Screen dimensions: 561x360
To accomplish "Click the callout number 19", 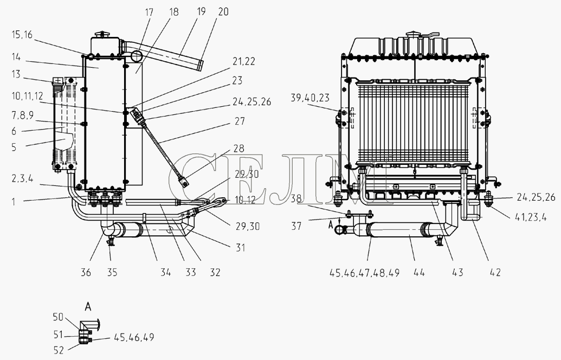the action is pyautogui.click(x=202, y=11).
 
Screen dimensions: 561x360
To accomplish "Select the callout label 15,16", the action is pyautogui.click(x=22, y=35).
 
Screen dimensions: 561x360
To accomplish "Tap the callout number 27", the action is pyautogui.click(x=240, y=121).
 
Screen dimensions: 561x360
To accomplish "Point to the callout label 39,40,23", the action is pyautogui.click(x=310, y=98).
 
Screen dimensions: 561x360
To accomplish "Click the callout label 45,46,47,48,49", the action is pyautogui.click(x=364, y=273).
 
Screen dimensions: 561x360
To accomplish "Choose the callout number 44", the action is pyautogui.click(x=419, y=273).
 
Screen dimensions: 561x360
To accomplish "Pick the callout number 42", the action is pyautogui.click(x=495, y=273).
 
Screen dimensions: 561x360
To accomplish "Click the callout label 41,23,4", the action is pyautogui.click(x=532, y=217).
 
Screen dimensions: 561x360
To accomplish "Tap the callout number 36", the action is pyautogui.click(x=86, y=273).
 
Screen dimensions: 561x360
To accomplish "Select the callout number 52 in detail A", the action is pyautogui.click(x=59, y=350).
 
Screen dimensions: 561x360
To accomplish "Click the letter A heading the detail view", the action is pyautogui.click(x=88, y=307).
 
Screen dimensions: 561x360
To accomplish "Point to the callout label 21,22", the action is pyautogui.click(x=244, y=62).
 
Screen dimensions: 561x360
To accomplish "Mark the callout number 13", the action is pyautogui.click(x=16, y=74).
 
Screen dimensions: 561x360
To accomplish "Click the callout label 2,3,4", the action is pyautogui.click(x=23, y=178).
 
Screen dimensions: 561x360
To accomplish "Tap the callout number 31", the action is pyautogui.click(x=240, y=247).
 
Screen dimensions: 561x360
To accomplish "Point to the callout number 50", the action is pyautogui.click(x=59, y=317).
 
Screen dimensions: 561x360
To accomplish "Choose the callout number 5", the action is pyautogui.click(x=14, y=147).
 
